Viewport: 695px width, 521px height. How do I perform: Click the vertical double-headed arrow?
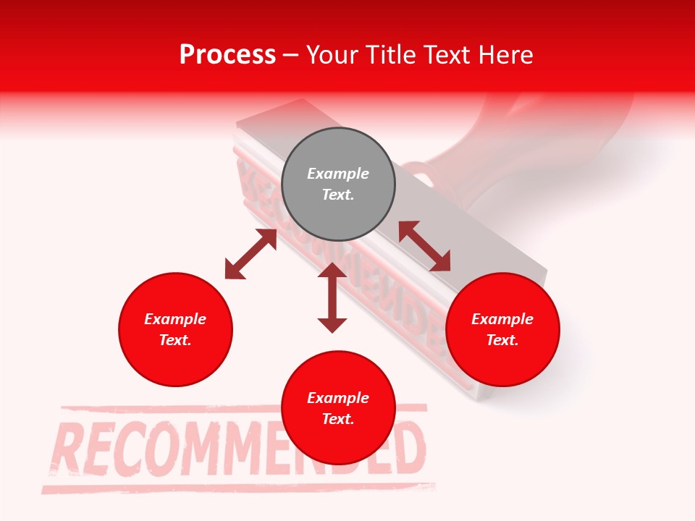(332, 298)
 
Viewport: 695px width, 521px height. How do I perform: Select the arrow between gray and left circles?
(250, 254)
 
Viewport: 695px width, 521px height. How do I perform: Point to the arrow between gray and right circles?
(424, 246)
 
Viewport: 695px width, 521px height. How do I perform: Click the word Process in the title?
(227, 54)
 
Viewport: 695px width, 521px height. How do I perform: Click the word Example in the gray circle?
(338, 174)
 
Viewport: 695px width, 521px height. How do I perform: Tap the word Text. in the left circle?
(175, 340)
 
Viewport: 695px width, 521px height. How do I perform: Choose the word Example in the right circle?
(502, 319)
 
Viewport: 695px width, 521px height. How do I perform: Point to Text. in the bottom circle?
(338, 419)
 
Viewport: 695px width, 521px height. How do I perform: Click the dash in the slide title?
(291, 55)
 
